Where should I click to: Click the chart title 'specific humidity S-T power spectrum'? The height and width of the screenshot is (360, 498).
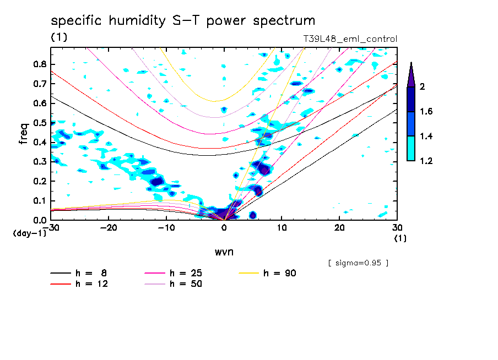pos(183,21)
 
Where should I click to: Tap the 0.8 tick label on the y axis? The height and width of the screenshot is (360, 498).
pos(39,64)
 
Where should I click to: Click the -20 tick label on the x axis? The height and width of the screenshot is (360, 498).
pos(109,227)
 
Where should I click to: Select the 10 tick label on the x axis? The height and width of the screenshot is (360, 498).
pos(282,227)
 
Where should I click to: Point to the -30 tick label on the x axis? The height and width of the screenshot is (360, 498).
pos(51,227)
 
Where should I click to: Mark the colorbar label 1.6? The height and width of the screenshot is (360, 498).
pos(426,112)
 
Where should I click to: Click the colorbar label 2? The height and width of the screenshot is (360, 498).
pos(423,87)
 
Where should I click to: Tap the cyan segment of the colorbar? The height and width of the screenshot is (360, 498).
pos(411,149)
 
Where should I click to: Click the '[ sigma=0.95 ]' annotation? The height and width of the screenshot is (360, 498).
pos(358,263)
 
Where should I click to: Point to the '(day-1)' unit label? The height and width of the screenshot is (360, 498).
pos(29,233)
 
